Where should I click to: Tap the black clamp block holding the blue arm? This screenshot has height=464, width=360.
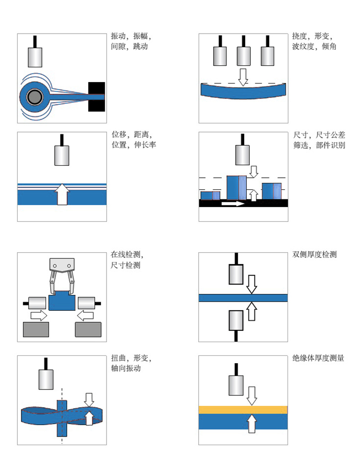tap(96, 97)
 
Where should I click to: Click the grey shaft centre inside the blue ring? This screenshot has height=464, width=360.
tap(34, 98)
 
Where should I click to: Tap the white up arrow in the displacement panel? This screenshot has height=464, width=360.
tap(61, 195)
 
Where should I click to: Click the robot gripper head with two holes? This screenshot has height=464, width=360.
tap(62, 265)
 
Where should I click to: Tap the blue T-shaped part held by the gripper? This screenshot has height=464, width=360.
tap(61, 302)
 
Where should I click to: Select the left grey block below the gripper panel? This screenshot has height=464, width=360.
tap(36, 330)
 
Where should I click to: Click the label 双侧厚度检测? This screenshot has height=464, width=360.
tap(314, 254)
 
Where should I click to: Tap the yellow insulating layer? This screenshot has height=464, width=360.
tap(243, 409)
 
